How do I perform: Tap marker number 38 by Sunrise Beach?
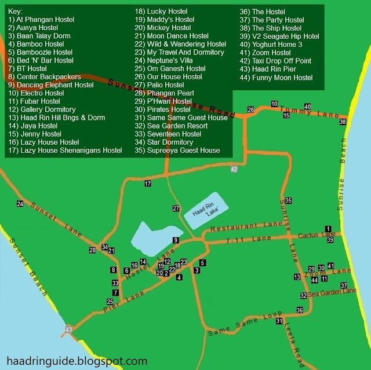coord(343,122)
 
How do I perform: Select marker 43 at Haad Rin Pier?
coord(68,329)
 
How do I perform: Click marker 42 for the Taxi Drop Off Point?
coord(234,169)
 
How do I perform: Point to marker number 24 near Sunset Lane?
coord(20,204)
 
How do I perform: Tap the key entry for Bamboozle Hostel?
coord(41,52)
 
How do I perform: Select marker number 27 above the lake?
coord(176,208)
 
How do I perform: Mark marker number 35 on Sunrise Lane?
coord(288,201)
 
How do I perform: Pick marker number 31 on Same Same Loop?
coord(279,321)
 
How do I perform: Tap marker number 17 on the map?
coord(148,184)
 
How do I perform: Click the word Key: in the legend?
coord(16,11)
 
